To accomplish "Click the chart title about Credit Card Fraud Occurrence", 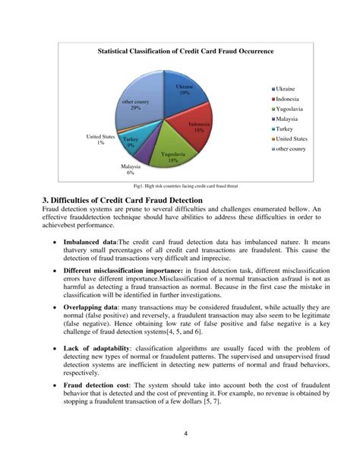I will tap(185, 51).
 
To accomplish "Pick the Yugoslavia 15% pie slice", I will tap(172, 155).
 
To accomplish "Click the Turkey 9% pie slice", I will tap(131, 142).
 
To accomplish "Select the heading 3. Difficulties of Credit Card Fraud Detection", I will tap(122, 201).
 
